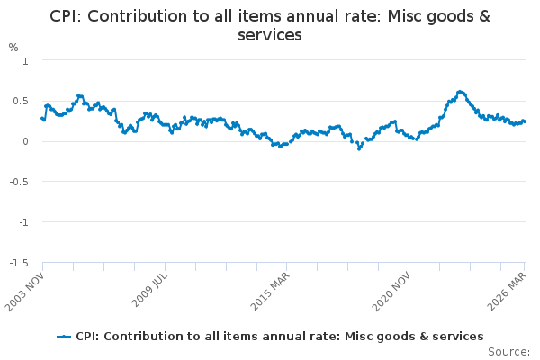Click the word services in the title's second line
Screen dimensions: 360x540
tap(269, 35)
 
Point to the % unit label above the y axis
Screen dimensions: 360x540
tap(13, 47)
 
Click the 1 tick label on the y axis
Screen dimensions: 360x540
tap(25, 60)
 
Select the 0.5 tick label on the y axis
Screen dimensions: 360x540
tap(21, 101)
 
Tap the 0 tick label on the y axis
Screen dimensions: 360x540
tap(25, 141)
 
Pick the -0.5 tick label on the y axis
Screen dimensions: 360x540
tap(19, 182)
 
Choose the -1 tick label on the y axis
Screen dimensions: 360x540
tap(23, 222)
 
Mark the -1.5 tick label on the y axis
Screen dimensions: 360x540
tap(19, 263)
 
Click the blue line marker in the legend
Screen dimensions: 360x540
tap(64, 337)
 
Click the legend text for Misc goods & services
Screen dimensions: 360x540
tap(279, 337)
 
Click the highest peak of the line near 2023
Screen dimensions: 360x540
tap(460, 91)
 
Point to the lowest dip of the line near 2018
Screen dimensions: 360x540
tap(359, 148)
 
